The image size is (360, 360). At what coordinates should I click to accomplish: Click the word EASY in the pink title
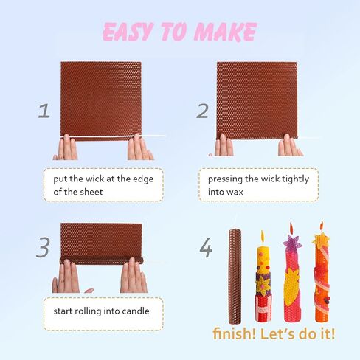(128, 32)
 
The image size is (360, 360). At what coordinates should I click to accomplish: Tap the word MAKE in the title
(225, 32)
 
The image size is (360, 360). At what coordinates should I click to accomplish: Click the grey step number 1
(44, 111)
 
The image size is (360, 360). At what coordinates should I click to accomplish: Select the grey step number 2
(203, 111)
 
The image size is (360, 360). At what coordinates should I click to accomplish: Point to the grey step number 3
(44, 247)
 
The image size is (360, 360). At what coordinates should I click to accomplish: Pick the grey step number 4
(206, 248)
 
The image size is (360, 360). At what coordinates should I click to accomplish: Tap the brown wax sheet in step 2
(257, 100)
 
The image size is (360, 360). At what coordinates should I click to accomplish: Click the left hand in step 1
(66, 147)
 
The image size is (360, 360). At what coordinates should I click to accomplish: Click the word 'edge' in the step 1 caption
(143, 179)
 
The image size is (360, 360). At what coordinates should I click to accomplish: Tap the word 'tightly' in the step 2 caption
(295, 179)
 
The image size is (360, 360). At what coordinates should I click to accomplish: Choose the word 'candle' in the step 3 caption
(136, 311)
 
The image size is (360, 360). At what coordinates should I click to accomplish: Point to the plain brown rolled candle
(235, 276)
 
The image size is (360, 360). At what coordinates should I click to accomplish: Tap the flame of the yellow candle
(263, 236)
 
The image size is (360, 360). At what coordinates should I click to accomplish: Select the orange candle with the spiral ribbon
(322, 278)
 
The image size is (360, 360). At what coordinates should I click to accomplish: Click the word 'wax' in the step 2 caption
(235, 192)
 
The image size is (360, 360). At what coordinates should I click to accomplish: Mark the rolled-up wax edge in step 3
(102, 260)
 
